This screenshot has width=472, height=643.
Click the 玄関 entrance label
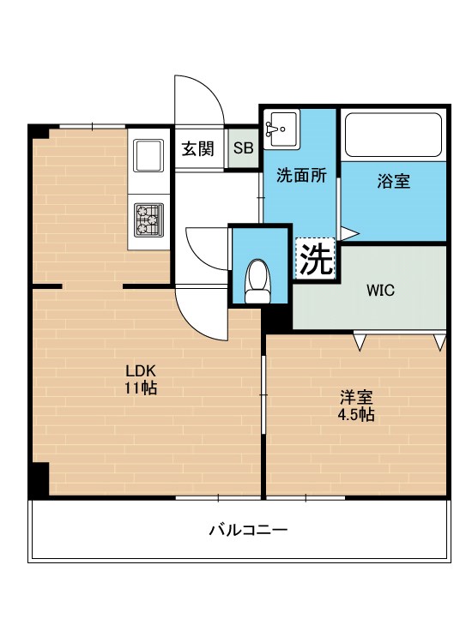197,148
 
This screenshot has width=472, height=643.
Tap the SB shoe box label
244,148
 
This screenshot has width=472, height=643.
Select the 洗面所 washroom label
300,176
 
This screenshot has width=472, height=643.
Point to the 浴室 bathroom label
394,181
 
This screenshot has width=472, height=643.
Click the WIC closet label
380,290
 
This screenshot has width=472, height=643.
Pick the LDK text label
141,371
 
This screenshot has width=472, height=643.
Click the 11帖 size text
141,388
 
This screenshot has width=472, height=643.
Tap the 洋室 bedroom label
355,398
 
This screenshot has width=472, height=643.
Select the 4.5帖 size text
355,414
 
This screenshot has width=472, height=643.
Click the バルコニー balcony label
248,530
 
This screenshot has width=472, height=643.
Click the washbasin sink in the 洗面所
280,127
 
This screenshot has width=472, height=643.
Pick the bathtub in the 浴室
393,134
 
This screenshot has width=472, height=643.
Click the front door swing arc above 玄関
200,101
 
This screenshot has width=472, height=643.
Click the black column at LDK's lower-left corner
39,479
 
